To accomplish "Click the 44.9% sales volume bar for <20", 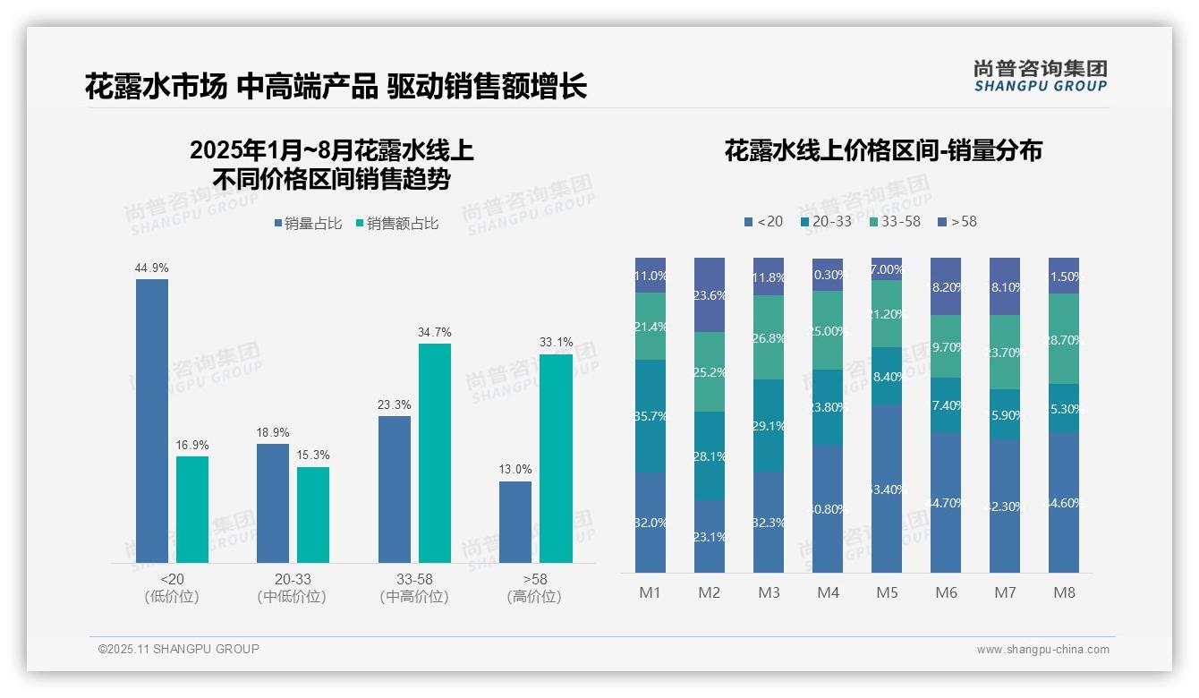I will (x=152, y=421).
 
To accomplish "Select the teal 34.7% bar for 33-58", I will (x=434, y=453).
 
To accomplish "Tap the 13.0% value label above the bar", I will (x=515, y=469).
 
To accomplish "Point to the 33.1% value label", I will (x=556, y=342).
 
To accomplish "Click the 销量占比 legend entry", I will (x=307, y=224).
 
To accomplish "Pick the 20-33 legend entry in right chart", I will (x=826, y=221).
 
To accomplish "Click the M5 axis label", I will (x=887, y=592).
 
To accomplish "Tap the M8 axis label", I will (x=1064, y=592).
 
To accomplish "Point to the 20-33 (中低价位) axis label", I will (x=291, y=588).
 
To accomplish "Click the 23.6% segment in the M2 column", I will (x=710, y=294).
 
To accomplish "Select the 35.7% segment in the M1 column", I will (x=651, y=415).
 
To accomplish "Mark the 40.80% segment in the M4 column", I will (x=828, y=507).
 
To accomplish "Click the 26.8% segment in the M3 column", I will (x=769, y=337).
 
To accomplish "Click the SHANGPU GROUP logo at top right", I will (x=1040, y=76).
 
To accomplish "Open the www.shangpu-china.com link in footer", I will (x=1042, y=650).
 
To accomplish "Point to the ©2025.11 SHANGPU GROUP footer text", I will (x=179, y=650).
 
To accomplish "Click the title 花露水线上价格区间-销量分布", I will (x=883, y=151).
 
